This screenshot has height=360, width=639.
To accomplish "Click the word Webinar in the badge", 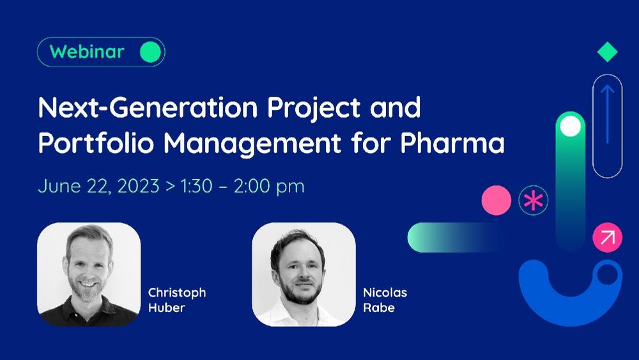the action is coord(87,52).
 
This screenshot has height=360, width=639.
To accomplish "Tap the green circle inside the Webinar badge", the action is coord(150,52).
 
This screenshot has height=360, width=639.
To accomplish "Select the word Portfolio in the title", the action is coord(96,143).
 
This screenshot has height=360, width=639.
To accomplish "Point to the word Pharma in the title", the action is coord(452,143).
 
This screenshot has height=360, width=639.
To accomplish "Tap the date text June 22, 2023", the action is coord(98,186).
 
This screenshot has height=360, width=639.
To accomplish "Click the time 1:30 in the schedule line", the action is coord(196,186).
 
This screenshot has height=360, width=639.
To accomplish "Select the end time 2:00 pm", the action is coord(269,187).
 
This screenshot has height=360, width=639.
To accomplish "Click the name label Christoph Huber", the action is coord(177,300).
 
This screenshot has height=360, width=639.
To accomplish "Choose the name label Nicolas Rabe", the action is coord(385,300).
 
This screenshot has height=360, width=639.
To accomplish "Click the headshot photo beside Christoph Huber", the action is coord(89,274).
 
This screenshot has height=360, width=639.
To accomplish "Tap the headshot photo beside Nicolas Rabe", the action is coord(304,274).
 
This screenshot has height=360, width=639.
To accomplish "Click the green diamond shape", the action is coord(607,52).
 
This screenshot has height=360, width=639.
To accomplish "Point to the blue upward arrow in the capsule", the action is coord(608,114).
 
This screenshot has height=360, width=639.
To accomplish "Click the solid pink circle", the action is coord(497,200).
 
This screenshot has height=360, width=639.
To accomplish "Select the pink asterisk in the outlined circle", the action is coord(534,201).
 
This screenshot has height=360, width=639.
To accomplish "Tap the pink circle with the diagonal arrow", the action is coord(607,237).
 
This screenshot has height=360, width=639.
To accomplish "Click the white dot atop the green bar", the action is coord(571,126).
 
